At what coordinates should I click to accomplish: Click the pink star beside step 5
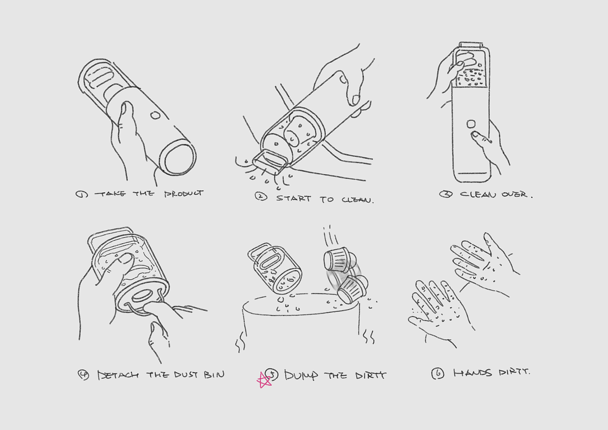coord(264,380)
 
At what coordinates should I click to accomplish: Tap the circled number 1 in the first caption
coord(82,195)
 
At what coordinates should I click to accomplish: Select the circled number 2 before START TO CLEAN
coord(261,196)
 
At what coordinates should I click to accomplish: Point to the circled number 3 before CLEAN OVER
coord(446,194)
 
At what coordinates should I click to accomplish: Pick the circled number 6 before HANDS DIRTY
coord(438,374)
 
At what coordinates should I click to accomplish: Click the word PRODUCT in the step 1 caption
coord(184,194)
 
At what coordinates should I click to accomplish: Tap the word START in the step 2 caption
coord(294,198)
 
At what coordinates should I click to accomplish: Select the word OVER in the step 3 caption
coord(515,194)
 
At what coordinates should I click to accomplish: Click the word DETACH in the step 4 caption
coord(118,375)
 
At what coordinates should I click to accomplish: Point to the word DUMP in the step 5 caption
coord(301,375)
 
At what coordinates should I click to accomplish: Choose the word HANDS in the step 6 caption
coord(473,373)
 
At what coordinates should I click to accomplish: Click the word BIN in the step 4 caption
coord(214,375)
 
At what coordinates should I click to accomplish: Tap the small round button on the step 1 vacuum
coord(155,116)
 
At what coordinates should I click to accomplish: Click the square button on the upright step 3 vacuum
coord(471,124)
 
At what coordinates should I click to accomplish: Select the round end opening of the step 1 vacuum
coord(178,158)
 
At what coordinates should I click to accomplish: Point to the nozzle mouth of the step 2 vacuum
coord(270,162)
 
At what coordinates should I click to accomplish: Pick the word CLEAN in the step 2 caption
coord(357,200)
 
